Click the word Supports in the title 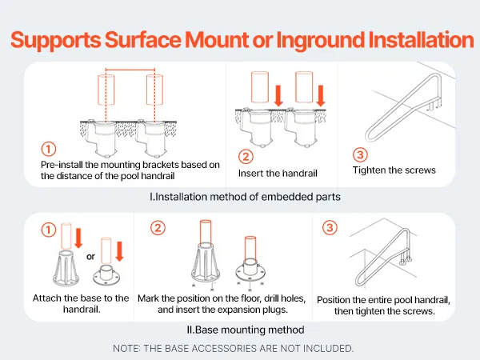[55, 41]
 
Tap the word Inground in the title [319, 41]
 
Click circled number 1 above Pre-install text [49, 149]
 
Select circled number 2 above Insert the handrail [246, 157]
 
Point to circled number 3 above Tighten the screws [360, 154]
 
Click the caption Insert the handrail [278, 174]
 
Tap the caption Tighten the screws [394, 170]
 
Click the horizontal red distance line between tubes [130, 70]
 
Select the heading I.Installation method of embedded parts [245, 197]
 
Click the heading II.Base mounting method [246, 330]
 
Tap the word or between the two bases [90, 257]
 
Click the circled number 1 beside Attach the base [49, 230]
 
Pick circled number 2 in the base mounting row [158, 228]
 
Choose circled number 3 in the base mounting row [330, 228]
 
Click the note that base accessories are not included [234, 348]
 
